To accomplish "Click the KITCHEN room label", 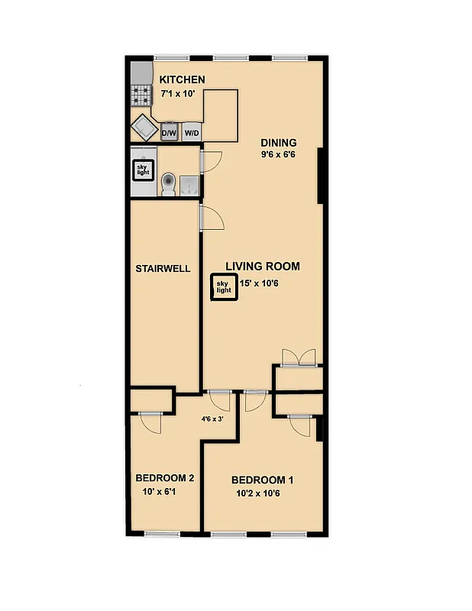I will click(x=182, y=79).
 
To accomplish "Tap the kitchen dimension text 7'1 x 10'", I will click(x=178, y=93).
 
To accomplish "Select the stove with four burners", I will click(x=141, y=95).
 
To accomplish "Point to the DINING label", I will click(x=279, y=143).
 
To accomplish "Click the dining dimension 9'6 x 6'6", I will click(x=278, y=155).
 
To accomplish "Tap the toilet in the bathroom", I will click(x=169, y=183).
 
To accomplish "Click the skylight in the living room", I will click(x=223, y=287).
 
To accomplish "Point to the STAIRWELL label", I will click(x=163, y=269).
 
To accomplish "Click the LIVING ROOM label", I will click(x=262, y=267).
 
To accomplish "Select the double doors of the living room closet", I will click(x=299, y=357).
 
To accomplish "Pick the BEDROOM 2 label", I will click(x=164, y=478).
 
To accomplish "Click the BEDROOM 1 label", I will click(x=262, y=480).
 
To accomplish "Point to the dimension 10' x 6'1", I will click(x=159, y=491).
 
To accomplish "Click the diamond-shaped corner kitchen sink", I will click(x=144, y=127).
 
